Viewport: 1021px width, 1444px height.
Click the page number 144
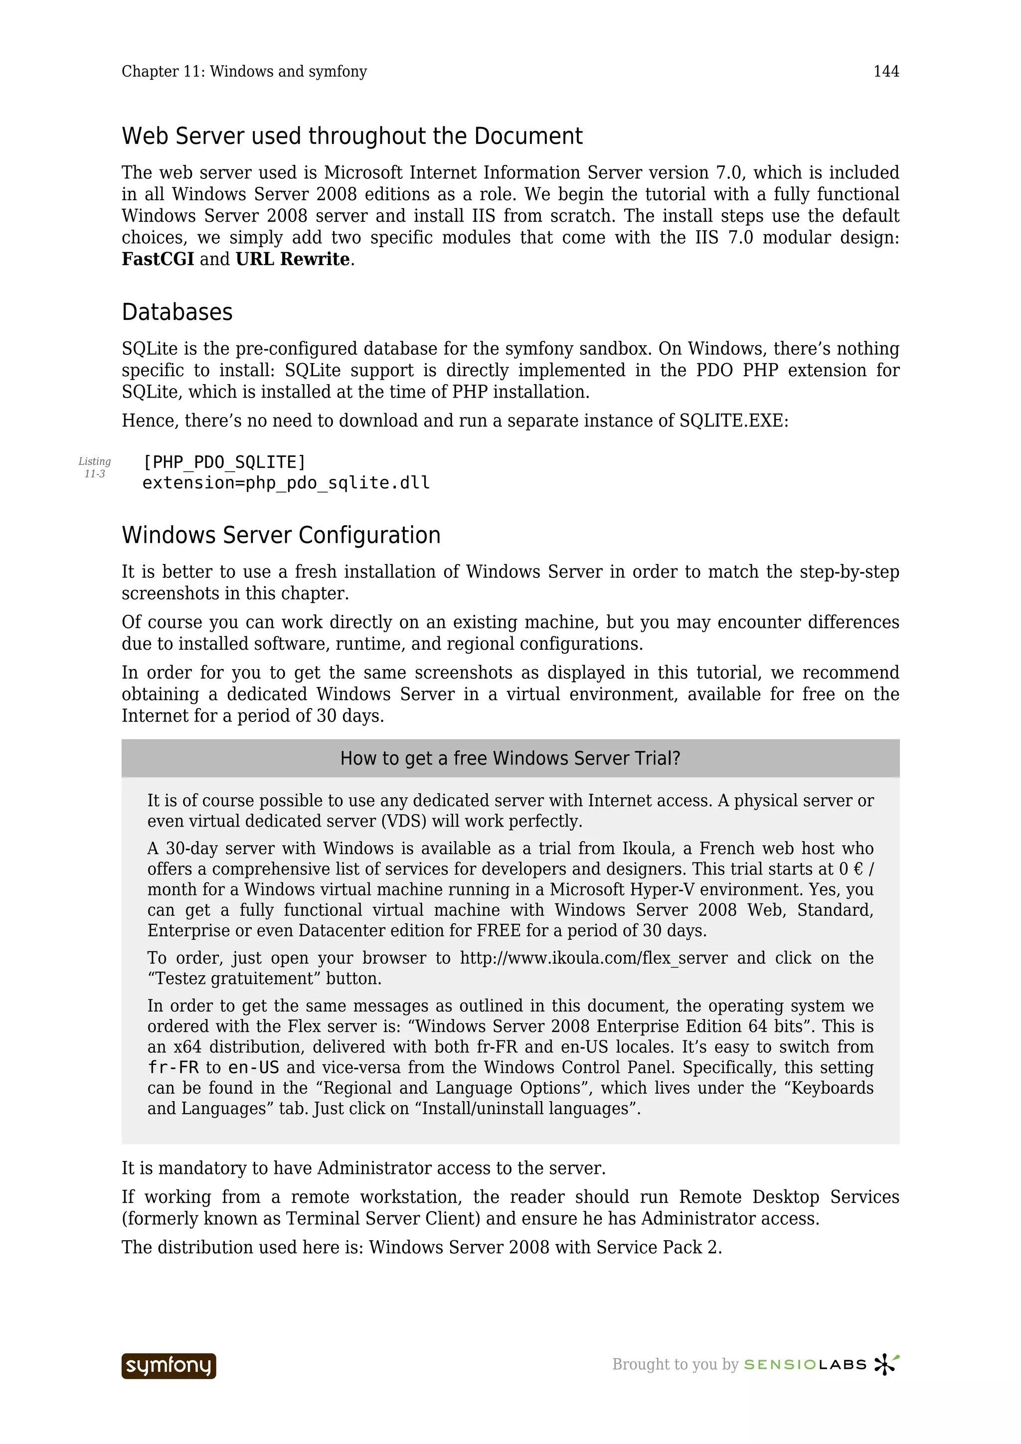886,72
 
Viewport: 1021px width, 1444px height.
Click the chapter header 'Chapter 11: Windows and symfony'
244,72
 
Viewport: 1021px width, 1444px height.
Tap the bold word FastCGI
157,259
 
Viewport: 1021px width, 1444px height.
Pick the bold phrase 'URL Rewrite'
293,259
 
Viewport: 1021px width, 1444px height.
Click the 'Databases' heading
177,312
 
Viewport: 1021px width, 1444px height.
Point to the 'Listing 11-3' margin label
94,467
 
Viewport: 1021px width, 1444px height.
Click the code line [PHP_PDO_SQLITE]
224,462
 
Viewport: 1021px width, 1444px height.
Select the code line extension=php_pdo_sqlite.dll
286,483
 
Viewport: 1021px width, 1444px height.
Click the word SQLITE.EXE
733,421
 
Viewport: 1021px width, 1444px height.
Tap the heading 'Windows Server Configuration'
281,535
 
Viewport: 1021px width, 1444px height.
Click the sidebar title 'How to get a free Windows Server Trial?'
510,758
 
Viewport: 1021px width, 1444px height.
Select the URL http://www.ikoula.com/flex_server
593,958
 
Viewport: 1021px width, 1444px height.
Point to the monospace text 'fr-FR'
173,1068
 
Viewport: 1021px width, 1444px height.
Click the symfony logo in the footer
169,1366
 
